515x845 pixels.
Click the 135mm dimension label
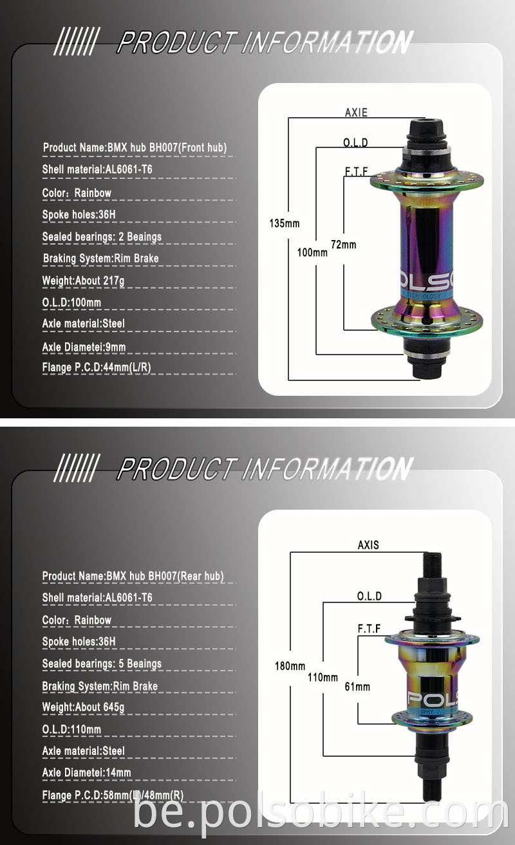284,224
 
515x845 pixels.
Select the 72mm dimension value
343,245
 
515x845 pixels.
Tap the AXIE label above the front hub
356,113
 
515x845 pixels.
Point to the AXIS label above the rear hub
368,545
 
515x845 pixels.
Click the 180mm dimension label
290,666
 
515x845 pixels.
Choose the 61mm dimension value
357,687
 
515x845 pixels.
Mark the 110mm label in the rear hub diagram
323,677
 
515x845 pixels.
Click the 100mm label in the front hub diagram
312,253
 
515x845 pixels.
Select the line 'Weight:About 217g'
83,281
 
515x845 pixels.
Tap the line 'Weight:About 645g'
83,707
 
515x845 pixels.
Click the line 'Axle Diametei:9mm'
84,348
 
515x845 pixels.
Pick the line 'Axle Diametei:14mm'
86,772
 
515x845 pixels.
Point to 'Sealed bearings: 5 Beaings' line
102,664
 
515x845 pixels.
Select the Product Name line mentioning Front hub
135,148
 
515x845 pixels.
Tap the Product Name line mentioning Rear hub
133,576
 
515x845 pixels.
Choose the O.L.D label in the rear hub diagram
370,597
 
